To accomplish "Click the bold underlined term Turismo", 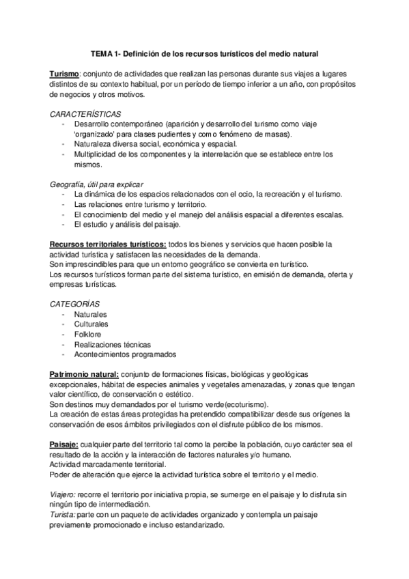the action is coord(66,74).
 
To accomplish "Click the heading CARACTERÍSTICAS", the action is coord(79,114).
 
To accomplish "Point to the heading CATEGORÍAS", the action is coord(74,304).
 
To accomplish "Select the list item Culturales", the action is coord(91,324).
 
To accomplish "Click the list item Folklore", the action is coord(89,335).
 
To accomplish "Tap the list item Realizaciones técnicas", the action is coord(113,345).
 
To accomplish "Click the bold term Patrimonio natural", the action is coord(84,375).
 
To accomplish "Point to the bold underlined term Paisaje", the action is coord(66,444).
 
